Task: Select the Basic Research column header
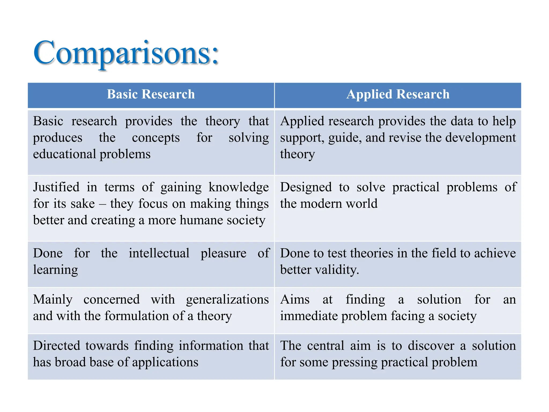tap(151, 94)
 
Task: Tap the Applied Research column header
tap(398, 94)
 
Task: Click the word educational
tap(64, 154)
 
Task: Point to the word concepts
tap(156, 138)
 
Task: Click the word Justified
tap(56, 187)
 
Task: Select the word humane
tap(201, 220)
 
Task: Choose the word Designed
tap(306, 187)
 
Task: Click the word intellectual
tap(159, 253)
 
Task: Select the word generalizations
tap(227, 300)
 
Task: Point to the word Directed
tap(57, 346)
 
